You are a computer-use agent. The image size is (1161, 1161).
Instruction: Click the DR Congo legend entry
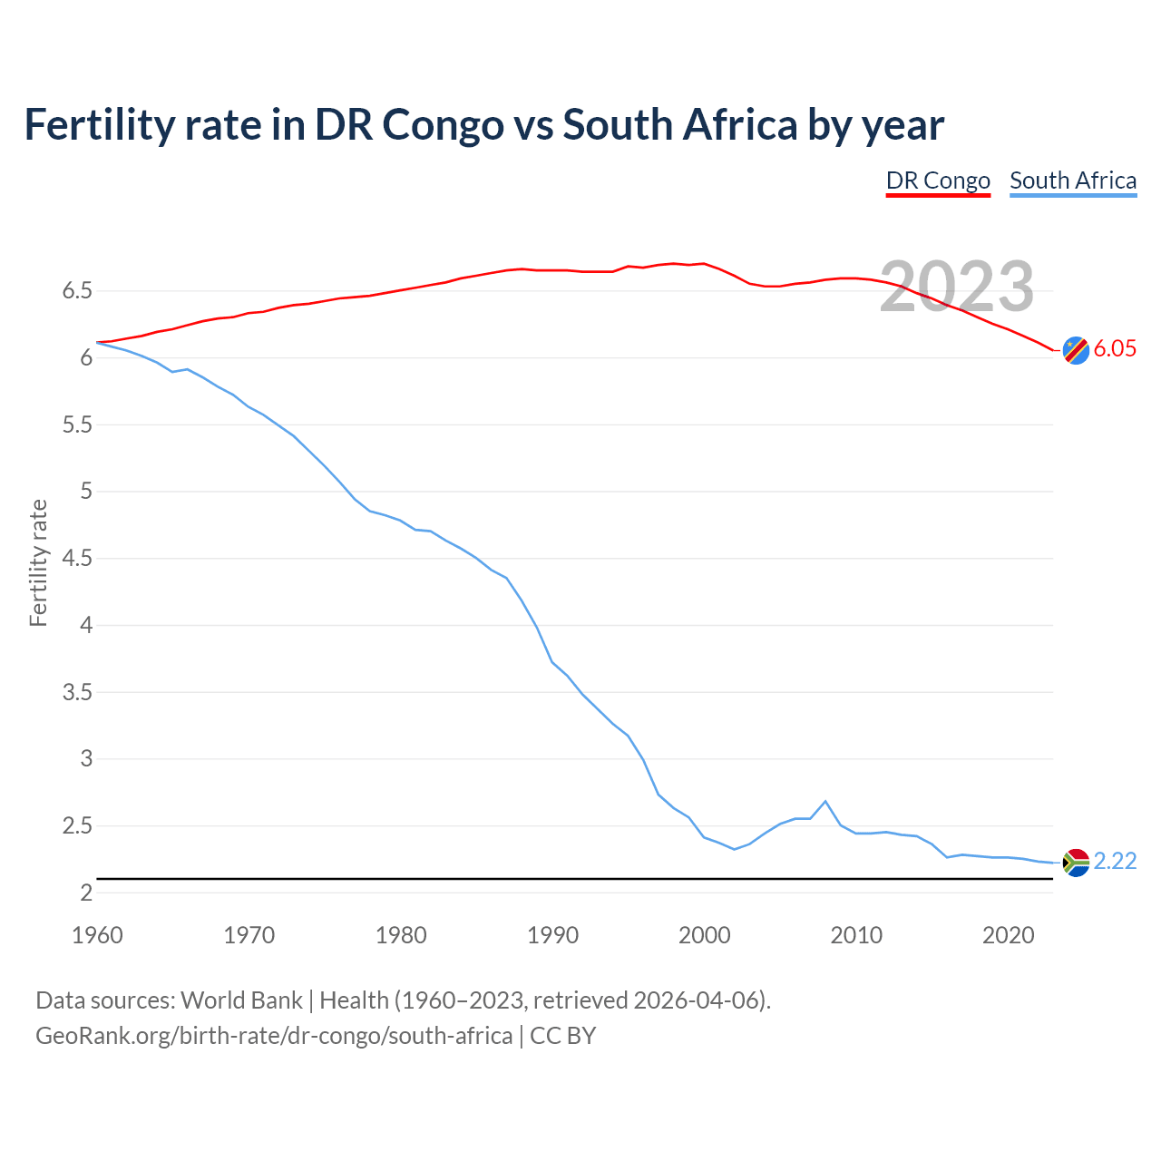pyautogui.click(x=938, y=180)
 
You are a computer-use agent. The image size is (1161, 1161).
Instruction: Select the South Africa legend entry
pyautogui.click(x=1073, y=180)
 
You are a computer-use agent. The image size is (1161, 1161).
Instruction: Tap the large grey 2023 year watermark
pyautogui.click(x=957, y=287)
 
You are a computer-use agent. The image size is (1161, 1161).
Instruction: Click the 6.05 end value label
pyautogui.click(x=1115, y=349)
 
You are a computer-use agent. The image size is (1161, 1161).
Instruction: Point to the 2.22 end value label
pyautogui.click(x=1115, y=861)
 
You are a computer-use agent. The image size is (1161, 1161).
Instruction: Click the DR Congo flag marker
pyautogui.click(x=1076, y=349)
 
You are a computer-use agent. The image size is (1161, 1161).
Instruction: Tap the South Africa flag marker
pyautogui.click(x=1076, y=862)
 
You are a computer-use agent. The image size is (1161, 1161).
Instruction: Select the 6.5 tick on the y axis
pyautogui.click(x=77, y=291)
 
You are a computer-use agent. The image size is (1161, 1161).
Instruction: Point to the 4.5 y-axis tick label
pyautogui.click(x=77, y=559)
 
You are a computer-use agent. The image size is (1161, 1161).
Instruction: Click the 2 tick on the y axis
pyautogui.click(x=86, y=893)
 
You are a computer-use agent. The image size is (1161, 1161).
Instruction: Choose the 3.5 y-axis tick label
pyautogui.click(x=77, y=692)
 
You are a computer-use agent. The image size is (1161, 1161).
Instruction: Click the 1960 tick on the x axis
pyautogui.click(x=97, y=935)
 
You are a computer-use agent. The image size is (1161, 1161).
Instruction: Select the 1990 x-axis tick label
pyautogui.click(x=552, y=935)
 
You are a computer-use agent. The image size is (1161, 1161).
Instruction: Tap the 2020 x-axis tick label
pyautogui.click(x=1008, y=935)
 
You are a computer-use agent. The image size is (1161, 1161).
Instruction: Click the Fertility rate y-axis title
pyautogui.click(x=38, y=562)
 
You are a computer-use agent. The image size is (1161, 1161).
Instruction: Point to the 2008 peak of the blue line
pyautogui.click(x=824, y=801)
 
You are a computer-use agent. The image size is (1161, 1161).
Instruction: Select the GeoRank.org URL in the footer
pyautogui.click(x=274, y=1035)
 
